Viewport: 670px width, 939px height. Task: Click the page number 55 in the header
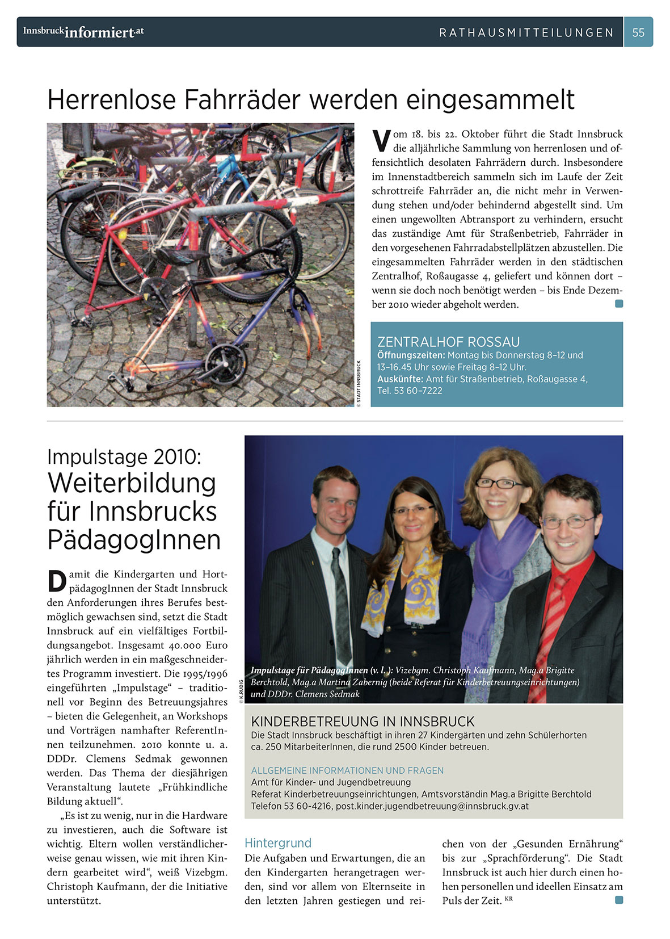[x=638, y=32]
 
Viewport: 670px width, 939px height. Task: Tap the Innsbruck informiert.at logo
[x=83, y=32]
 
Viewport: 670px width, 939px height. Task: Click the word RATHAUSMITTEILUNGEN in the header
[x=526, y=33]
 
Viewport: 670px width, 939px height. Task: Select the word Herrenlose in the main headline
[x=112, y=100]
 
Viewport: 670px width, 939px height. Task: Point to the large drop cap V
[x=382, y=141]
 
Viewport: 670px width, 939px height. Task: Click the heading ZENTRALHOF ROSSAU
[x=448, y=342]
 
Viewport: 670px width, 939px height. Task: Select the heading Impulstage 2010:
[x=124, y=456]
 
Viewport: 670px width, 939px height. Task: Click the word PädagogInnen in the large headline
[x=134, y=539]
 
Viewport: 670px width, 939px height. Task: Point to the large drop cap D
[x=57, y=581]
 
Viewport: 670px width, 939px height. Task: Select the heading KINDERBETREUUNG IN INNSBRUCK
[x=363, y=722]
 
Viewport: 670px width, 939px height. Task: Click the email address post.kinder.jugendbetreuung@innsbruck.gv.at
[x=432, y=806]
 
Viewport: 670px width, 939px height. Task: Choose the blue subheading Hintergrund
[x=277, y=843]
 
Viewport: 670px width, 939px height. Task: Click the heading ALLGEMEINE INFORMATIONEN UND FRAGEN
[x=347, y=770]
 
